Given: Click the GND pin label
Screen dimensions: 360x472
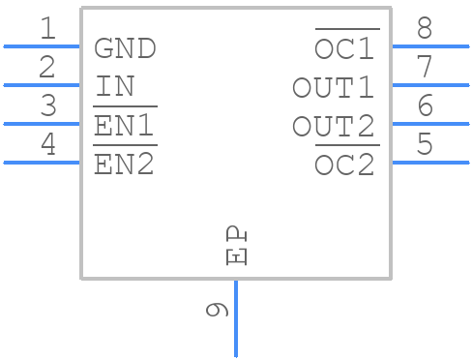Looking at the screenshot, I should pyautogui.click(x=125, y=48).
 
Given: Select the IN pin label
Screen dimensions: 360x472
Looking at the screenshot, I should pyautogui.click(x=115, y=87).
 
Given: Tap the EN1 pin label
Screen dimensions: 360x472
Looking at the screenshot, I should pyautogui.click(x=124, y=127).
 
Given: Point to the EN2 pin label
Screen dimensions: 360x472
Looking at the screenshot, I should pyautogui.click(x=124, y=165).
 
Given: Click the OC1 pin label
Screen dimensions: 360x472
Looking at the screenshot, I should pyautogui.click(x=346, y=48).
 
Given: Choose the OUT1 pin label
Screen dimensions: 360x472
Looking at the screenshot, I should pyautogui.click(x=334, y=88).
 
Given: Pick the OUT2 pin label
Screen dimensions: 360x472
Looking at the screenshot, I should pyautogui.click(x=334, y=127).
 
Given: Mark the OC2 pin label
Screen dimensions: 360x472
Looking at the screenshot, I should pyautogui.click(x=346, y=165).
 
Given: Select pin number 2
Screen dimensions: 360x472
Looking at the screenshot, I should pyautogui.click(x=47, y=68).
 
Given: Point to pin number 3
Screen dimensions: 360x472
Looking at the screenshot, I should pyautogui.click(x=47, y=106).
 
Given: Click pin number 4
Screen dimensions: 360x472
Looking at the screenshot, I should pyautogui.click(x=47, y=145).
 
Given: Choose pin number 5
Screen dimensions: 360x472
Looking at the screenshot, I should pyautogui.click(x=424, y=145).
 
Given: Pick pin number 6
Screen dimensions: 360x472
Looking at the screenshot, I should pyautogui.click(x=424, y=106).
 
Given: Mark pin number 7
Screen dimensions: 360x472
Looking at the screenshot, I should pyautogui.click(x=424, y=68).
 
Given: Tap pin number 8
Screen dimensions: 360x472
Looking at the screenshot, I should pyautogui.click(x=424, y=29).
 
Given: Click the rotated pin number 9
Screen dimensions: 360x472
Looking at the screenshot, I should pyautogui.click(x=218, y=311).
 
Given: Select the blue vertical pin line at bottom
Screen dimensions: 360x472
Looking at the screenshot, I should pyautogui.click(x=236, y=319).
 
